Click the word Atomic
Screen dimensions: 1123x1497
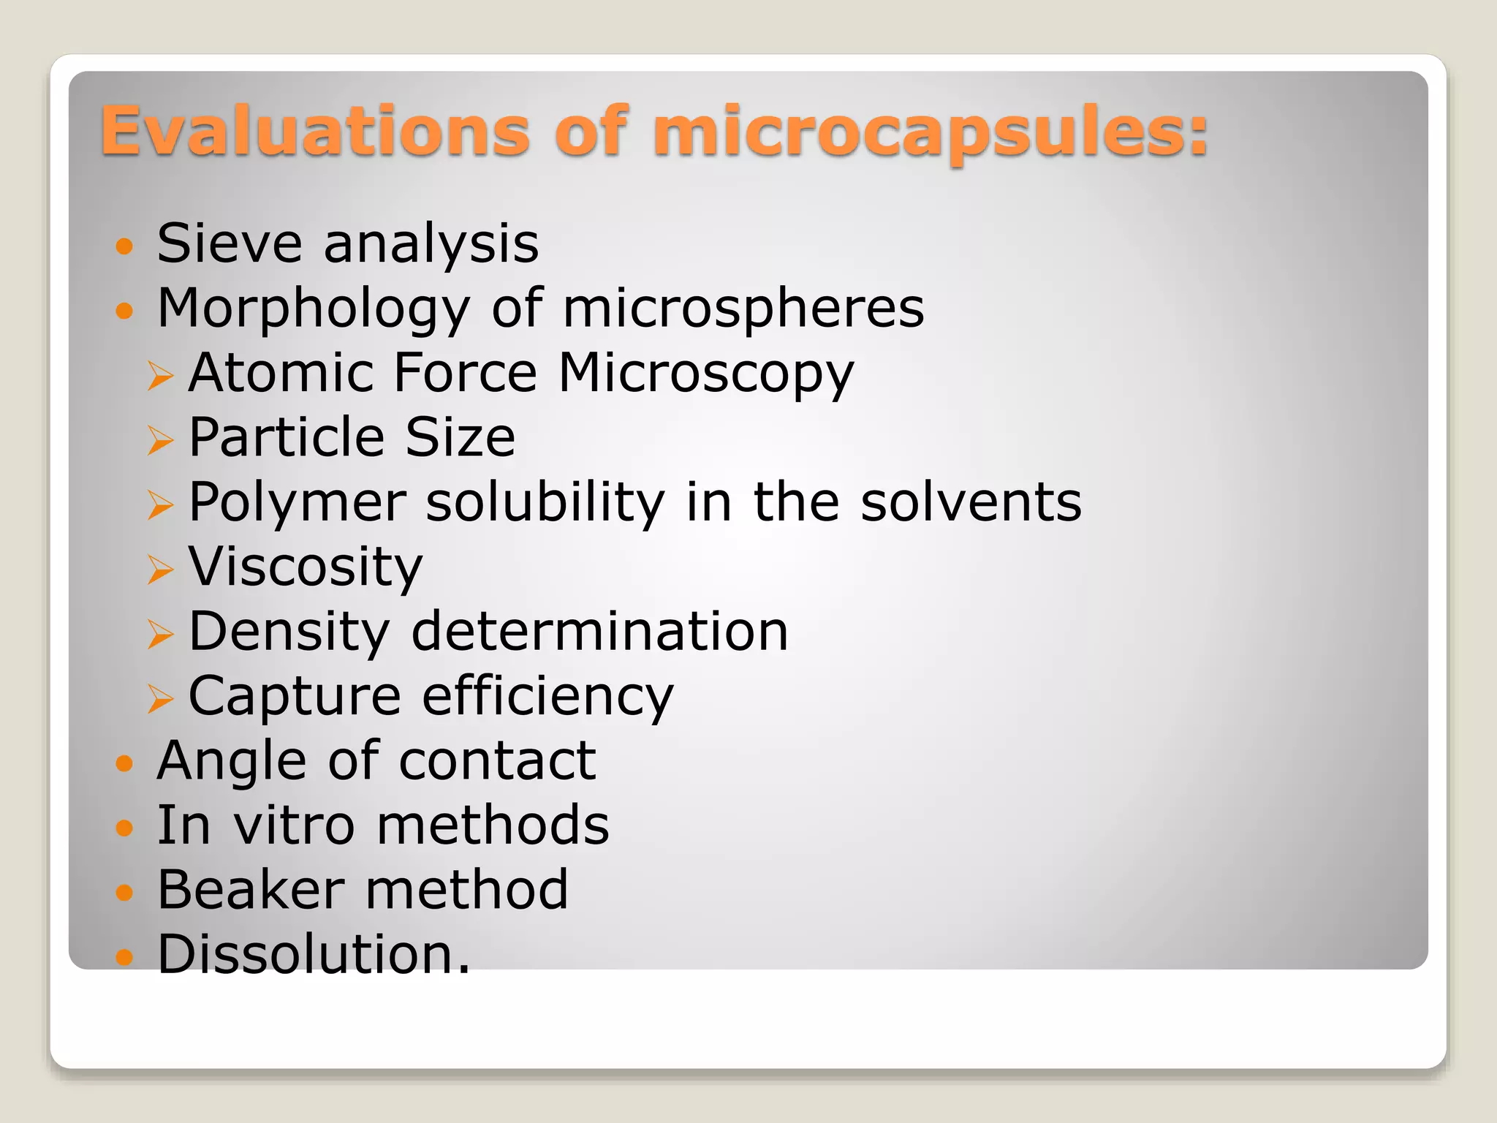pos(281,373)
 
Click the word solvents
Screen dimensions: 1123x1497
pos(971,502)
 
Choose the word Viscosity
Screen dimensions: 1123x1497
pos(306,568)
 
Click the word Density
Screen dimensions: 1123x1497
pos(289,632)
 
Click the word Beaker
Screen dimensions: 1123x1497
pos(251,890)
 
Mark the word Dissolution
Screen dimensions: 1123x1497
pos(314,954)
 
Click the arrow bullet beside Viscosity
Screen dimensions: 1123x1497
pos(160,569)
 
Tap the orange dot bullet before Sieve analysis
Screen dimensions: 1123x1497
pos(125,246)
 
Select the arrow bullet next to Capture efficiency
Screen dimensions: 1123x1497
pos(160,697)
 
